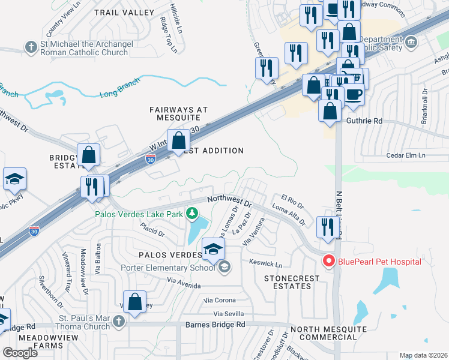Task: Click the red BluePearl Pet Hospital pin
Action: pos(328,261)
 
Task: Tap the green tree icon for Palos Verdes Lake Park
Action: pos(192,213)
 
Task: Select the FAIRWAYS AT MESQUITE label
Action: pos(178,114)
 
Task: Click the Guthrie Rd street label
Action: pos(364,121)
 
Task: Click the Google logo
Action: pos(20,352)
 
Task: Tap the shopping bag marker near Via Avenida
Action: pos(135,301)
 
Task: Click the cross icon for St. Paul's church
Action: pos(118,322)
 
